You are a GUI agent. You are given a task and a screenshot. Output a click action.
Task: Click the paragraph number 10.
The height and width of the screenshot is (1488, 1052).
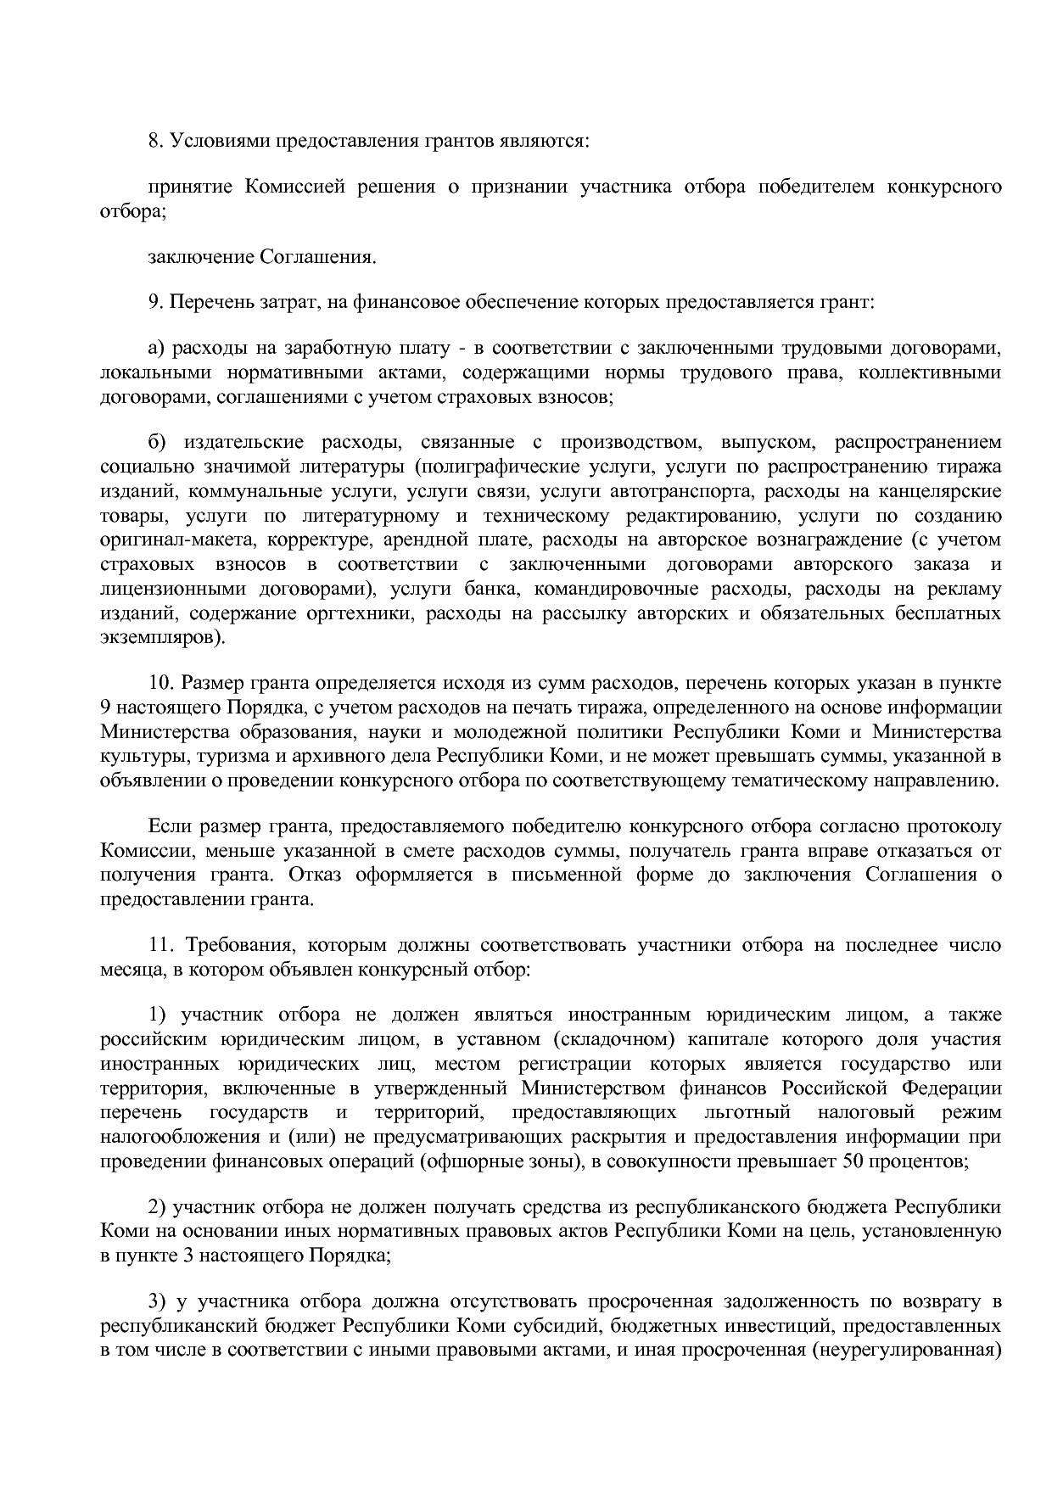[161, 683]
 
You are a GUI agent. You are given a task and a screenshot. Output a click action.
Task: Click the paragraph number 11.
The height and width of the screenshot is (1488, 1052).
[160, 945]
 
